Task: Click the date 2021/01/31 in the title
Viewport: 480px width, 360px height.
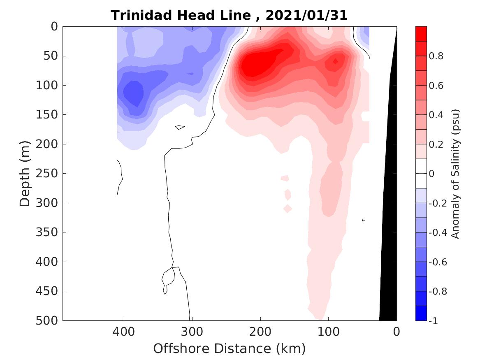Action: (x=306, y=15)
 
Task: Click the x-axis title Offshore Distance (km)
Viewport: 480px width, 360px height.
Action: (x=230, y=348)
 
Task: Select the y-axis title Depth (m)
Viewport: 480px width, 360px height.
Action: (x=25, y=173)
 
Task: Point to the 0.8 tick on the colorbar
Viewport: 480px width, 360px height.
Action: (x=436, y=56)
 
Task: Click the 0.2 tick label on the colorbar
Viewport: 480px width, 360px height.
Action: (x=436, y=144)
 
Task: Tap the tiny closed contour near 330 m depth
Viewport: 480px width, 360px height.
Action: (x=363, y=221)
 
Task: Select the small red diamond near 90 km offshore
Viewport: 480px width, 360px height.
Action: (x=335, y=62)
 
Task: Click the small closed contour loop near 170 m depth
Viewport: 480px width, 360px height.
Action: (x=179, y=127)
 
